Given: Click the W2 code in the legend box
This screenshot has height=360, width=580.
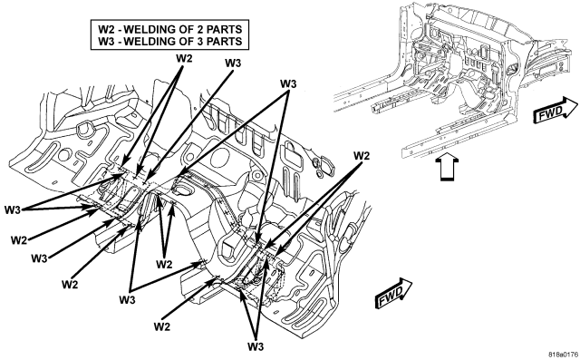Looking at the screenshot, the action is (106, 29).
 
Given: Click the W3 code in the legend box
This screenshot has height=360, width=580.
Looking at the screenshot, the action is (106, 41).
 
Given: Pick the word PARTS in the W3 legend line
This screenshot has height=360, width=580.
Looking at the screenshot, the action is (224, 41).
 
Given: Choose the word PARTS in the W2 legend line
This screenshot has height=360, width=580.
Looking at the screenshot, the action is (224, 29).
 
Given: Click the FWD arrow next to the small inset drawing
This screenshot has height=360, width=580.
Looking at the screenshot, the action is (556, 110).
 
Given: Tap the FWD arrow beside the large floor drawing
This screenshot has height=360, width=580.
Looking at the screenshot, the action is (393, 293).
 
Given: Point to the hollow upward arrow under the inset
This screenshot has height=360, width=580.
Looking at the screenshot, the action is (447, 167).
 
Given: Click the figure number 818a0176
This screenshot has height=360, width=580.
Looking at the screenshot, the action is (563, 354).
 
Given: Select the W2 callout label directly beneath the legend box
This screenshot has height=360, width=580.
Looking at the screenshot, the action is (184, 58).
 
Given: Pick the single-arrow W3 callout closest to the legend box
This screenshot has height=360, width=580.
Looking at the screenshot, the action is (233, 63).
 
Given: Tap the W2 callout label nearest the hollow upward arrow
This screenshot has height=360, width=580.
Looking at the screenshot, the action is (362, 156).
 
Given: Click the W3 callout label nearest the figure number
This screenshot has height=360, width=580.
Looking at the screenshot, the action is (256, 346).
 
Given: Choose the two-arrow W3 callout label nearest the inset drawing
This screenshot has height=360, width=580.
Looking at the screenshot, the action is (288, 84).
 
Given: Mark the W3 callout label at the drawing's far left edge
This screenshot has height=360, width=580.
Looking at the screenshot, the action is (13, 209).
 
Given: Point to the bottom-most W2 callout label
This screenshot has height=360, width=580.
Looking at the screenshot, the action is (162, 326).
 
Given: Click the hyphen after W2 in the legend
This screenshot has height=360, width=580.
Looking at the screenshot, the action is (119, 30).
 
